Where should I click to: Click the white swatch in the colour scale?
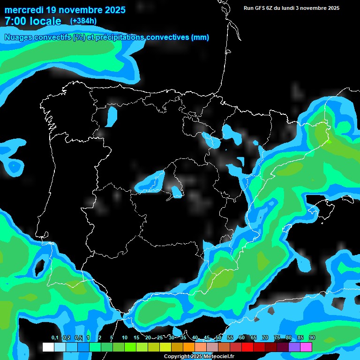(x=48, y=347)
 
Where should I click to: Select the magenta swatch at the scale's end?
(x=306, y=347)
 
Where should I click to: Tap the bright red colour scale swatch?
(x=247, y=347)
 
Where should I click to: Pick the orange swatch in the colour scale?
(x=189, y=347)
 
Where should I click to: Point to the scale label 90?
(x=312, y=338)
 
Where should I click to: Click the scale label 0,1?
(x=54, y=338)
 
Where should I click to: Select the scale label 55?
(x=230, y=338)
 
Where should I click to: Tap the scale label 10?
(x=125, y=338)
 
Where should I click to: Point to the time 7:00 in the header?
(x=15, y=21)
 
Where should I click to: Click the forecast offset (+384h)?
(x=83, y=21)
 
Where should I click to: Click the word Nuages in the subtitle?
(x=18, y=37)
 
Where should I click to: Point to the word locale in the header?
(x=45, y=21)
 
